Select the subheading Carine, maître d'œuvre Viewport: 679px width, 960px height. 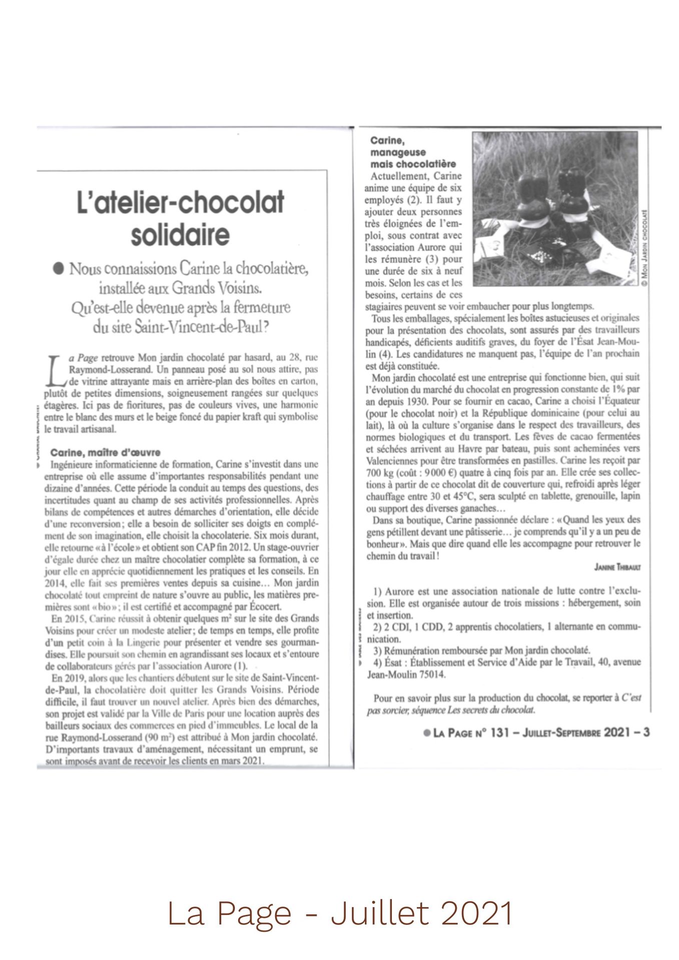[x=105, y=452]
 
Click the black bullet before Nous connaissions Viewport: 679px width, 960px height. [x=60, y=269]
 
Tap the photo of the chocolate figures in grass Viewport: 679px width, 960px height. [x=555, y=208]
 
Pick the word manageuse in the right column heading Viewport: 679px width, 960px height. [x=398, y=152]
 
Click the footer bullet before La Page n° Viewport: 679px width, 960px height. [x=426, y=732]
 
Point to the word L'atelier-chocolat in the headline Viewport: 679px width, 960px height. [x=180, y=202]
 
